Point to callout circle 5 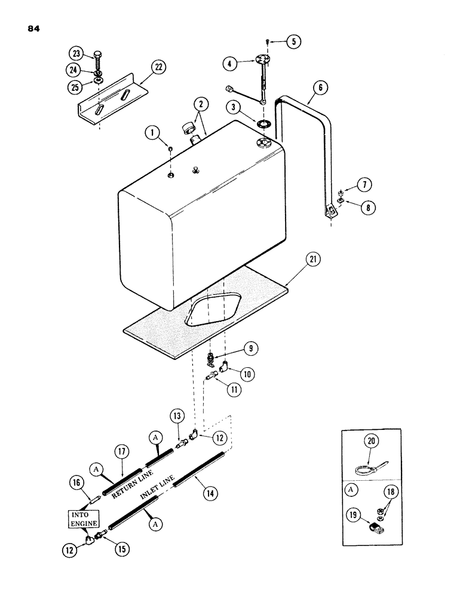click(x=293, y=41)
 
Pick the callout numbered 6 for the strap click(x=320, y=87)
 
